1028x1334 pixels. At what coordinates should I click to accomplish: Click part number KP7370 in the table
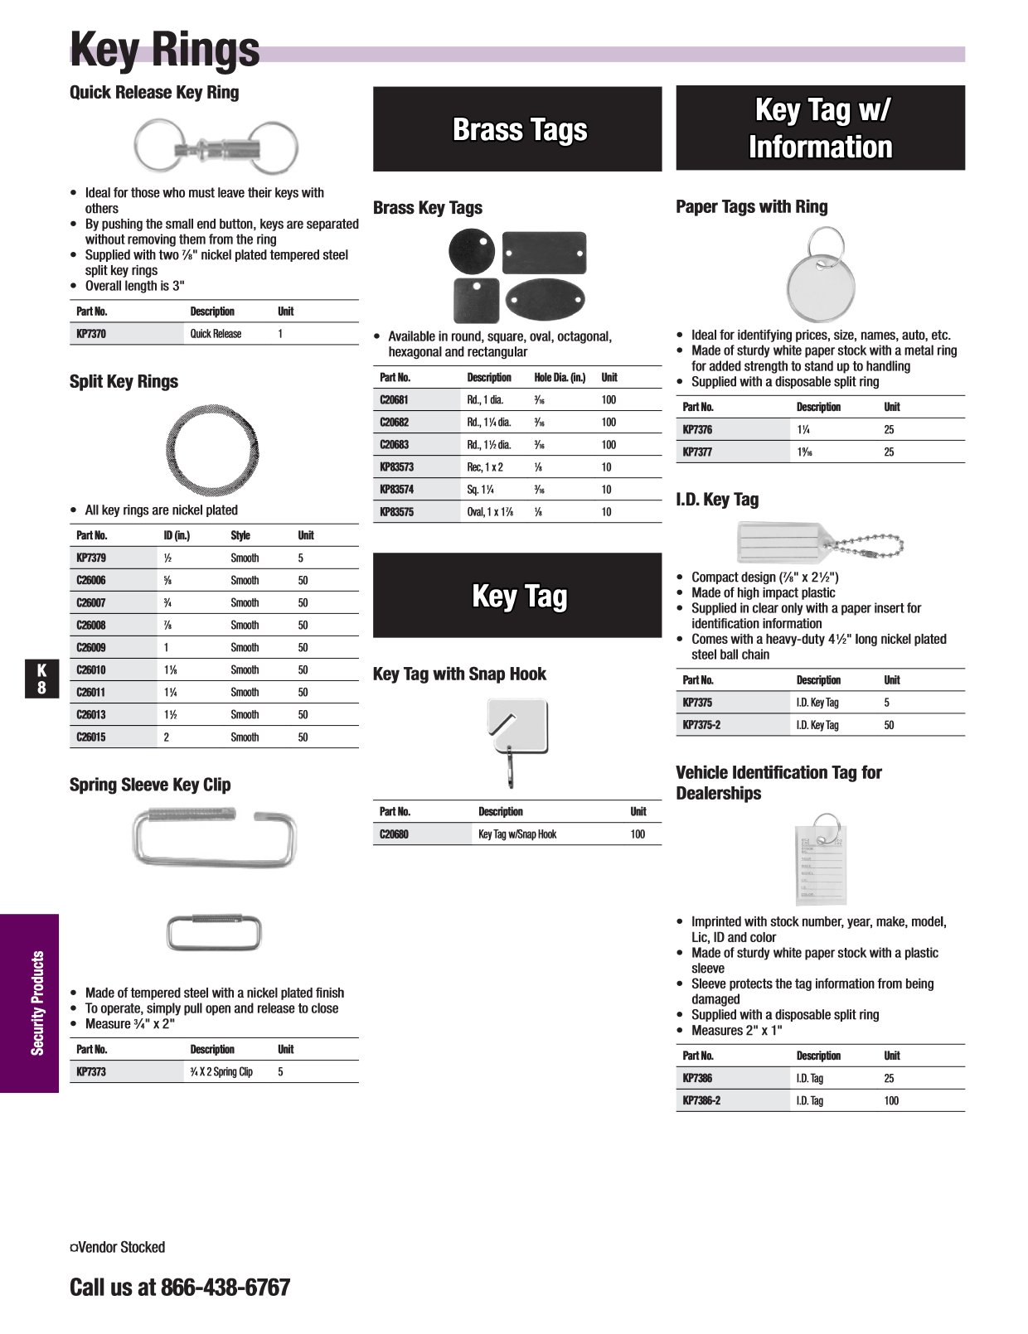tap(91, 334)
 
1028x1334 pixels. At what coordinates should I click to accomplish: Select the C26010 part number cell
tap(91, 670)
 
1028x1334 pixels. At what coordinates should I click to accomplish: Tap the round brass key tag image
tap(471, 249)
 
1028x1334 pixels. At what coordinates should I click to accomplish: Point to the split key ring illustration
tap(213, 448)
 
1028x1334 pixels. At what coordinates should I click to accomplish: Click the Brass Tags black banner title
tap(519, 130)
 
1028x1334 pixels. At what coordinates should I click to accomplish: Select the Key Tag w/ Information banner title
tap(820, 128)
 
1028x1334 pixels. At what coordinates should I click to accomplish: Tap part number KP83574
tap(396, 490)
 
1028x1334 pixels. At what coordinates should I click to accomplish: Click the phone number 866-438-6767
tap(225, 1288)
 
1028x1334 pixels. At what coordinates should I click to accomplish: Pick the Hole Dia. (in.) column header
tap(560, 378)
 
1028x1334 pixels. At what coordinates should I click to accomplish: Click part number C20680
tap(394, 834)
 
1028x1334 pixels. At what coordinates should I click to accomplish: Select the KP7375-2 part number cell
tap(701, 725)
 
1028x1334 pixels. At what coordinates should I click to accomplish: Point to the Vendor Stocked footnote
tap(118, 1247)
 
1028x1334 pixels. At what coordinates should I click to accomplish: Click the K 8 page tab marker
tap(41, 679)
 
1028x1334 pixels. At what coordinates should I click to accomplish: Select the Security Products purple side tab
tap(30, 1003)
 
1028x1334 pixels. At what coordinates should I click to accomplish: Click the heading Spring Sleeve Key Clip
tap(150, 785)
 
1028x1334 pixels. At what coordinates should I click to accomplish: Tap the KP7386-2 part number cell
tap(701, 1101)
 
